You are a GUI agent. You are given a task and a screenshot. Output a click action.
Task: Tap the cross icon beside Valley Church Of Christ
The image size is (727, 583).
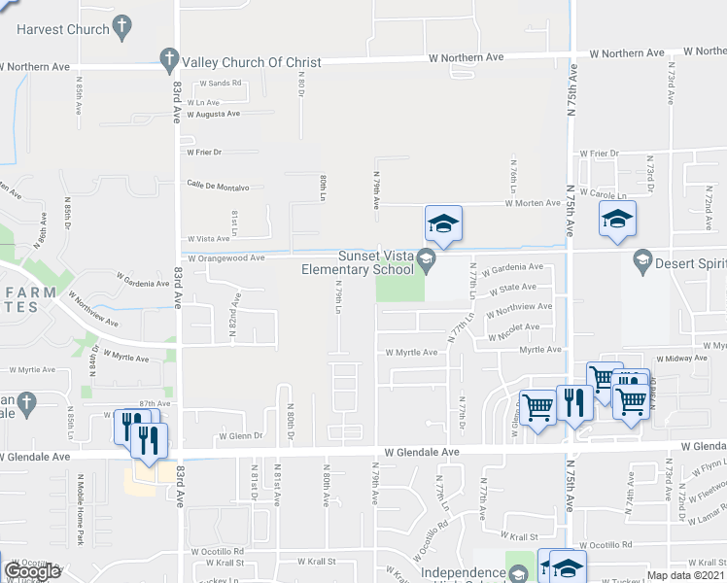(x=168, y=60)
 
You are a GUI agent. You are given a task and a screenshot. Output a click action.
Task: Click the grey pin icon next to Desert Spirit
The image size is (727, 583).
(x=641, y=259)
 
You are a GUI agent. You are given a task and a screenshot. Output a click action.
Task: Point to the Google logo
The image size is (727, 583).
(x=32, y=570)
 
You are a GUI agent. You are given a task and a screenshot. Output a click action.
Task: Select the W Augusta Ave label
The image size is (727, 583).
(x=213, y=114)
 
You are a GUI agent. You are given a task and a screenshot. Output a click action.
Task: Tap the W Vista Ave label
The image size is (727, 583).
(x=209, y=238)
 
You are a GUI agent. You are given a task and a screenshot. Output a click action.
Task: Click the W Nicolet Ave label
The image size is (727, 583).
(x=525, y=326)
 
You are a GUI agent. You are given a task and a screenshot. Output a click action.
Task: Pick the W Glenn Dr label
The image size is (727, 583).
(x=241, y=436)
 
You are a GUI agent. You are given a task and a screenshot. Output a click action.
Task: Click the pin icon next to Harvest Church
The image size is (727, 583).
(x=122, y=29)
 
